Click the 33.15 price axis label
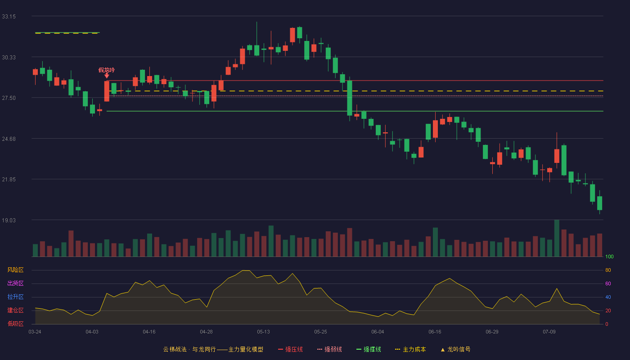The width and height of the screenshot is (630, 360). tap(9, 17)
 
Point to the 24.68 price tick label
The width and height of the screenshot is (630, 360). tap(9, 139)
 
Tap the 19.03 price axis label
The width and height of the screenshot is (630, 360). tap(9, 220)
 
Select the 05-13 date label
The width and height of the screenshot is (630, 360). tap(263, 332)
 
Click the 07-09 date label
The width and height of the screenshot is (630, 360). tap(549, 332)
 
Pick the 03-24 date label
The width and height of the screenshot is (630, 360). tap(35, 332)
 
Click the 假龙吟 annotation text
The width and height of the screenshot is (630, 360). tap(107, 70)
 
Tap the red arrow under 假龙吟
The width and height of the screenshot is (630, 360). tap(107, 76)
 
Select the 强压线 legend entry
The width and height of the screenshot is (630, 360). tap(290, 349)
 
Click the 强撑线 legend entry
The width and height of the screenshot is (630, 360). tap(369, 349)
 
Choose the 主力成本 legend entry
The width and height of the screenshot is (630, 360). tap(410, 349)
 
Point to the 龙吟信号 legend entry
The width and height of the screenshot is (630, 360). tap(455, 349)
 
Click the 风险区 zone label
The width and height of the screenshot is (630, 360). tap(15, 270)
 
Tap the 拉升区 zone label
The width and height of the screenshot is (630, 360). tap(15, 297)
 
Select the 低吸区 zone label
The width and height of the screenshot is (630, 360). tap(15, 324)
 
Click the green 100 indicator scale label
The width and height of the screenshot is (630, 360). tap(609, 256)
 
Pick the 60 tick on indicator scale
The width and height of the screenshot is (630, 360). tap(608, 283)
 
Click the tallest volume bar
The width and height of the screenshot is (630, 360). tap(557, 238)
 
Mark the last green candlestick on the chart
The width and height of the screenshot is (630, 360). tap(599, 203)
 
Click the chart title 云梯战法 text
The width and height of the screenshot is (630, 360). tap(175, 349)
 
